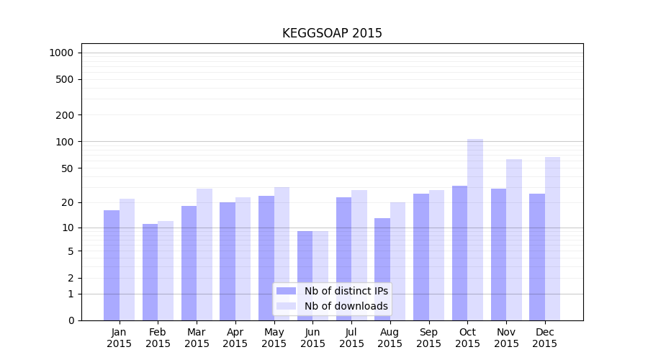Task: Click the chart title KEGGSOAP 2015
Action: [x=332, y=33]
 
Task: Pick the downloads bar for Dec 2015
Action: [x=552, y=238]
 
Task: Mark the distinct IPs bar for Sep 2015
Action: [x=421, y=256]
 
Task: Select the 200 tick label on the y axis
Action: [x=65, y=115]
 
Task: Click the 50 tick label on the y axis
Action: [x=67, y=168]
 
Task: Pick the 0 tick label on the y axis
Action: [x=71, y=320]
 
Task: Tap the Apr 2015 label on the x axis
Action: [x=235, y=338]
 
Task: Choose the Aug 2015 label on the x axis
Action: [x=390, y=338]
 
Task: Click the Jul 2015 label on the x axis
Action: [x=351, y=338]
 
